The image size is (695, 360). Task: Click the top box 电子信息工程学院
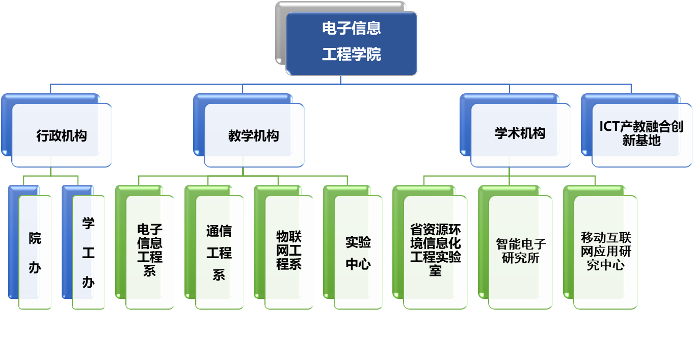[352, 43]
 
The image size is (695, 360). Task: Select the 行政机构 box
[62, 135]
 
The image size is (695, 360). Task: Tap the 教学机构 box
[254, 135]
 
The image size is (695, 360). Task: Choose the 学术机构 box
[520, 134]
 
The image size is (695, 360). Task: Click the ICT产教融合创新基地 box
[641, 133]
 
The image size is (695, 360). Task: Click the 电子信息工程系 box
[150, 251]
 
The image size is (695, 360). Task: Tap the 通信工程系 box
[219, 252]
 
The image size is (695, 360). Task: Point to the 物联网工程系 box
[289, 251]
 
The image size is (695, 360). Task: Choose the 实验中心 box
[358, 252]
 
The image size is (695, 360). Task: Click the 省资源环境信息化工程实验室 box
[435, 251]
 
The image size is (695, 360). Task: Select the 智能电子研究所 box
[520, 251]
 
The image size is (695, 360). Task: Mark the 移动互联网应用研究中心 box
[605, 251]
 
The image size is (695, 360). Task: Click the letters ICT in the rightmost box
[609, 127]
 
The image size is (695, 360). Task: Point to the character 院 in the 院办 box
[35, 238]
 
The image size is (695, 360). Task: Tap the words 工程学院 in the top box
[352, 54]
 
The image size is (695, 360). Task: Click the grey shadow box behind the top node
[281, 31]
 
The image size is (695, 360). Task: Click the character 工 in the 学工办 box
[88, 253]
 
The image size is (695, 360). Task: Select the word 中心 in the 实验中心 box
[358, 264]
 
